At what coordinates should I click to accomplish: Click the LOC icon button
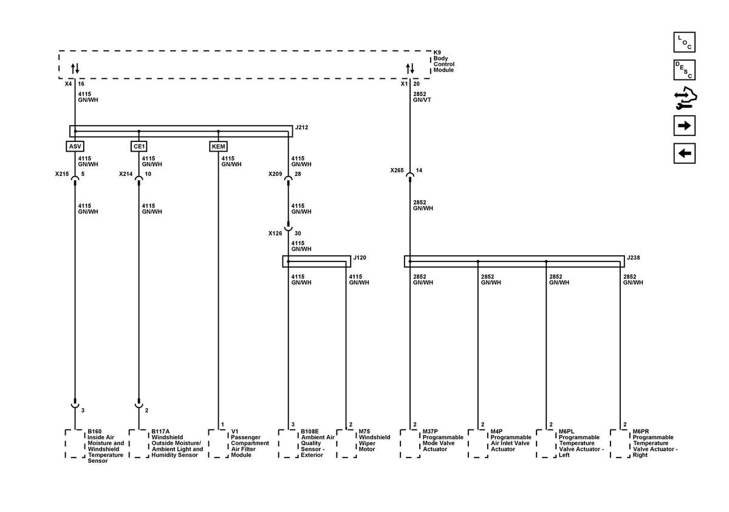coord(685,42)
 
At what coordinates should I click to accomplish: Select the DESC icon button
coord(685,70)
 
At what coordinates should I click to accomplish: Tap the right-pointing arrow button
coord(685,126)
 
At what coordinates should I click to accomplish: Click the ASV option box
coord(75,146)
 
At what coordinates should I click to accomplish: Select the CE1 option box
coord(139,146)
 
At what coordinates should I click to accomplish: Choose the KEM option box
coord(218,146)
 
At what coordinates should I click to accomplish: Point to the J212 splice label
coord(301,127)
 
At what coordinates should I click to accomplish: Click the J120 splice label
coord(360,258)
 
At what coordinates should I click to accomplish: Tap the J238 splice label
coord(633,258)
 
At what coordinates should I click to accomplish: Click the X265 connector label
coord(397,170)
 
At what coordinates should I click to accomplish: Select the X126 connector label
coord(275,234)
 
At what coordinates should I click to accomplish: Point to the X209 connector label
coord(275,174)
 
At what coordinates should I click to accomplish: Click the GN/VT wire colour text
coord(422,100)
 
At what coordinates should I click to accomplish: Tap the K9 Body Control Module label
coord(443,61)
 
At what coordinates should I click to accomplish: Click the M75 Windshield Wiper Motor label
coord(374,440)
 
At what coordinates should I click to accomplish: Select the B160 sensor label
coord(106,446)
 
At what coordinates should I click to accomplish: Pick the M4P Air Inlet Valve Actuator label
coord(511,440)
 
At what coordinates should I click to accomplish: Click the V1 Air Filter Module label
coord(250,443)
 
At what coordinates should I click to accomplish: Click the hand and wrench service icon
coord(685,98)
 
